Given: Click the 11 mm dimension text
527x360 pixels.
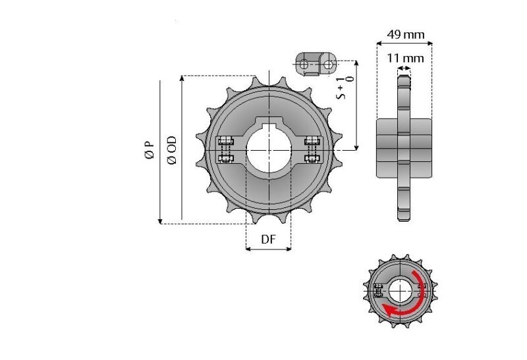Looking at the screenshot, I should [405, 58].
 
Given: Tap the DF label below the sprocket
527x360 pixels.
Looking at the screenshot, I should [268, 239].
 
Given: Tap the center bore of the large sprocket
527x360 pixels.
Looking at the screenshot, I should [268, 151].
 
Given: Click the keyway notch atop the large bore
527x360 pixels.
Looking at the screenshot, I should [268, 124].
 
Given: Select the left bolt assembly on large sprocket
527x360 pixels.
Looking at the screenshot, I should [225, 149].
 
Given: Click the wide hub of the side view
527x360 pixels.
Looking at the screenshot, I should [404, 148].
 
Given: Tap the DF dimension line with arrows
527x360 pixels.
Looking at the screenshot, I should [268, 249].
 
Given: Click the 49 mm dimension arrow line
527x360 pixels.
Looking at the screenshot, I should [404, 43].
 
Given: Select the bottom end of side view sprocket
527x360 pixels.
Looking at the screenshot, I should [404, 217].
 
